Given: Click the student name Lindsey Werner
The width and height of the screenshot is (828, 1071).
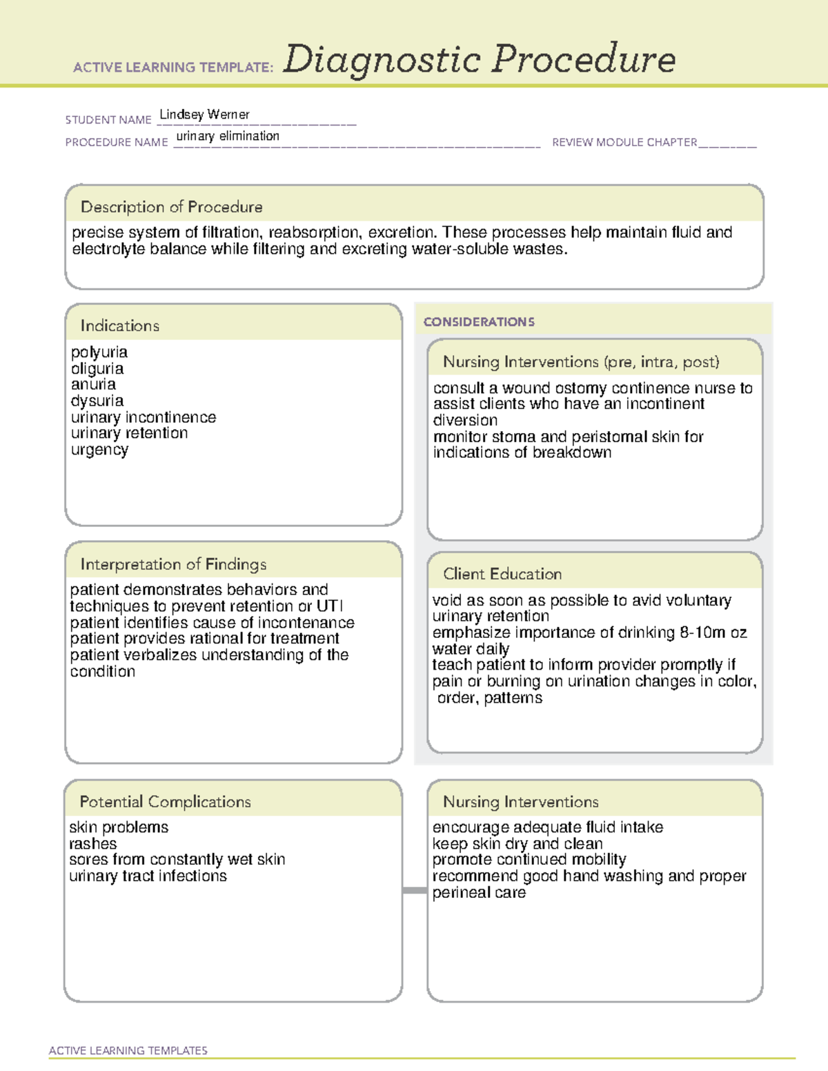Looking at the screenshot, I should tap(204, 114).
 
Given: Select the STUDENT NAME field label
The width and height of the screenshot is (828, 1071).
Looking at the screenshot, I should tap(108, 120).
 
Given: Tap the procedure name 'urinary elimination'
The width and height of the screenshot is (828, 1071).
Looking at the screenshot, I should tap(228, 137).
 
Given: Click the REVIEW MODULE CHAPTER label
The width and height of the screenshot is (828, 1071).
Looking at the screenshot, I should tap(624, 142).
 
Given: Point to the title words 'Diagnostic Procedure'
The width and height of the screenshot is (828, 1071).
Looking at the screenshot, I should tap(479, 59).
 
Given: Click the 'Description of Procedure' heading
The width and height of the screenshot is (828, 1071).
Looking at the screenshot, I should tap(171, 207).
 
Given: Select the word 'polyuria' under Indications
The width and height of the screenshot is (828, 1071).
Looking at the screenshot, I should tap(99, 352).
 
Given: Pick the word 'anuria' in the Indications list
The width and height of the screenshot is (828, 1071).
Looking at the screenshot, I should tap(93, 384).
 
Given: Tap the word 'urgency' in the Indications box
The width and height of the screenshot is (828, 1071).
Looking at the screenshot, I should tap(99, 450).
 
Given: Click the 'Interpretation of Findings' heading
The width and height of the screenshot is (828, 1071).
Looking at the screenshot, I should tap(173, 564).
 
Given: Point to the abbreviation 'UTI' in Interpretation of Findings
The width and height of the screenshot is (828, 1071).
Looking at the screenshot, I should tap(329, 606).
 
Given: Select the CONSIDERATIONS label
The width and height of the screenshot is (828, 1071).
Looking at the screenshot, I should tap(479, 322).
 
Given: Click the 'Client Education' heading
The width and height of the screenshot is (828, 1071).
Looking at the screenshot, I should tap(502, 574).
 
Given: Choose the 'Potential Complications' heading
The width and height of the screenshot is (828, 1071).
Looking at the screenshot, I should tap(165, 801).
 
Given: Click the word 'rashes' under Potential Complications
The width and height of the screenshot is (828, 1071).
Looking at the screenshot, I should tap(92, 843).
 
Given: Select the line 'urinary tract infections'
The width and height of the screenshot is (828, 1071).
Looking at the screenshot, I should tap(148, 876).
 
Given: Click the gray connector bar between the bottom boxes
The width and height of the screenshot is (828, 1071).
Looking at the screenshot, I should tap(414, 890).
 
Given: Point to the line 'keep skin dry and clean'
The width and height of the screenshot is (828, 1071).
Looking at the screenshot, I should tap(517, 843).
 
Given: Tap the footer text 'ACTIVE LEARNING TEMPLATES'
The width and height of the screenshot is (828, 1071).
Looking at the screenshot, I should tap(128, 1050).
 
